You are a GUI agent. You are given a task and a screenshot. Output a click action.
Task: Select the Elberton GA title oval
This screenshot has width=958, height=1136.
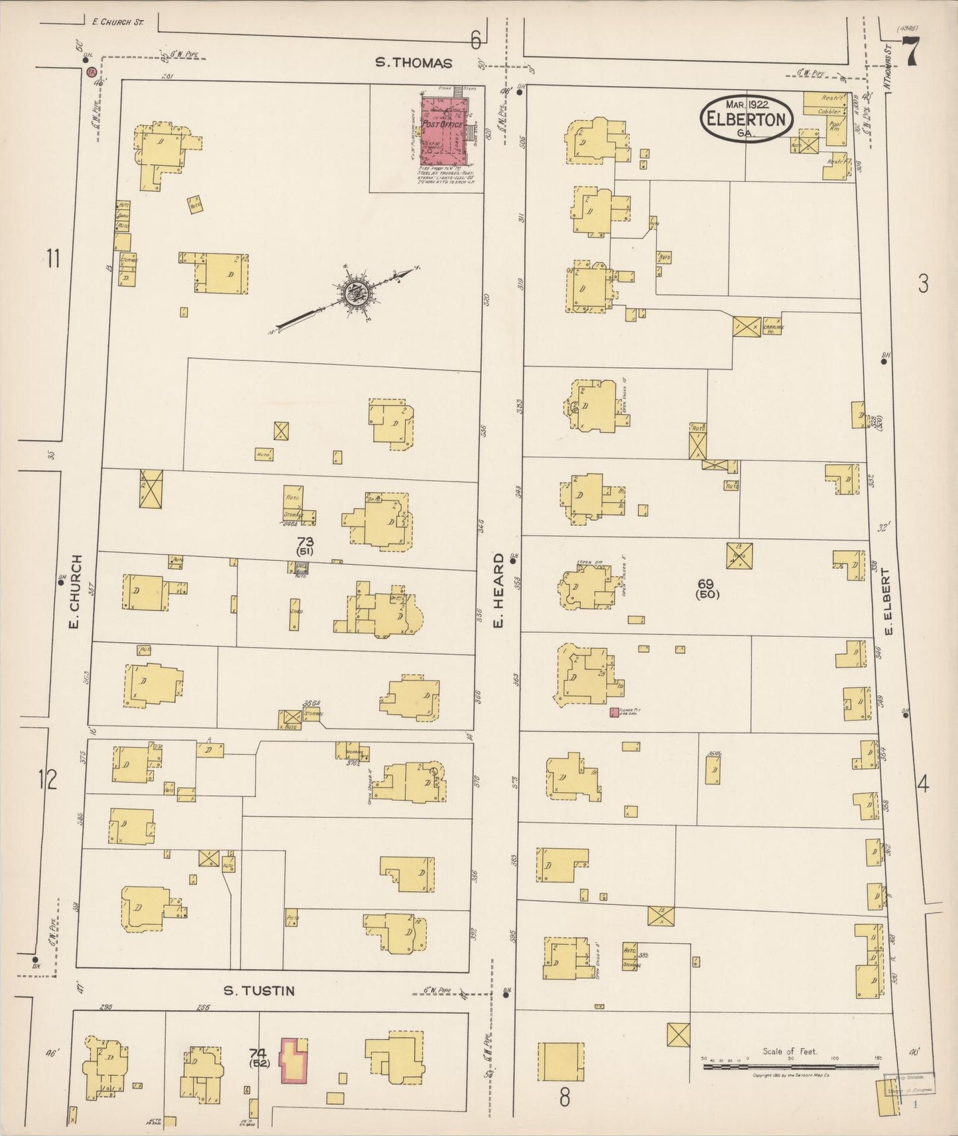747,118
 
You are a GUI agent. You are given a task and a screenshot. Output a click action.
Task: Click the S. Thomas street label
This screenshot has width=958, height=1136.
414,63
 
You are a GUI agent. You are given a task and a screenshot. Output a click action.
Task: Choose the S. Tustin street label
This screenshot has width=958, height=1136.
259,991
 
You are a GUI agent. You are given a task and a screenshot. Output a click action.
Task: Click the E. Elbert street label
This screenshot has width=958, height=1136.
889,600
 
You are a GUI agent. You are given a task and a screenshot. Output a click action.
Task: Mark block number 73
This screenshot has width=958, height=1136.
305,541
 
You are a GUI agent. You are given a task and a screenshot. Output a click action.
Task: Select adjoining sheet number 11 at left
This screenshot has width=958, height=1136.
53,258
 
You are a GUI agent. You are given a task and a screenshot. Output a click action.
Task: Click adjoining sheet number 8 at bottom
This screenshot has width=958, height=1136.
564,1098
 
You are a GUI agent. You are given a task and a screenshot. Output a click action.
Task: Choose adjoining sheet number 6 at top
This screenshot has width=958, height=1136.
475,41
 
